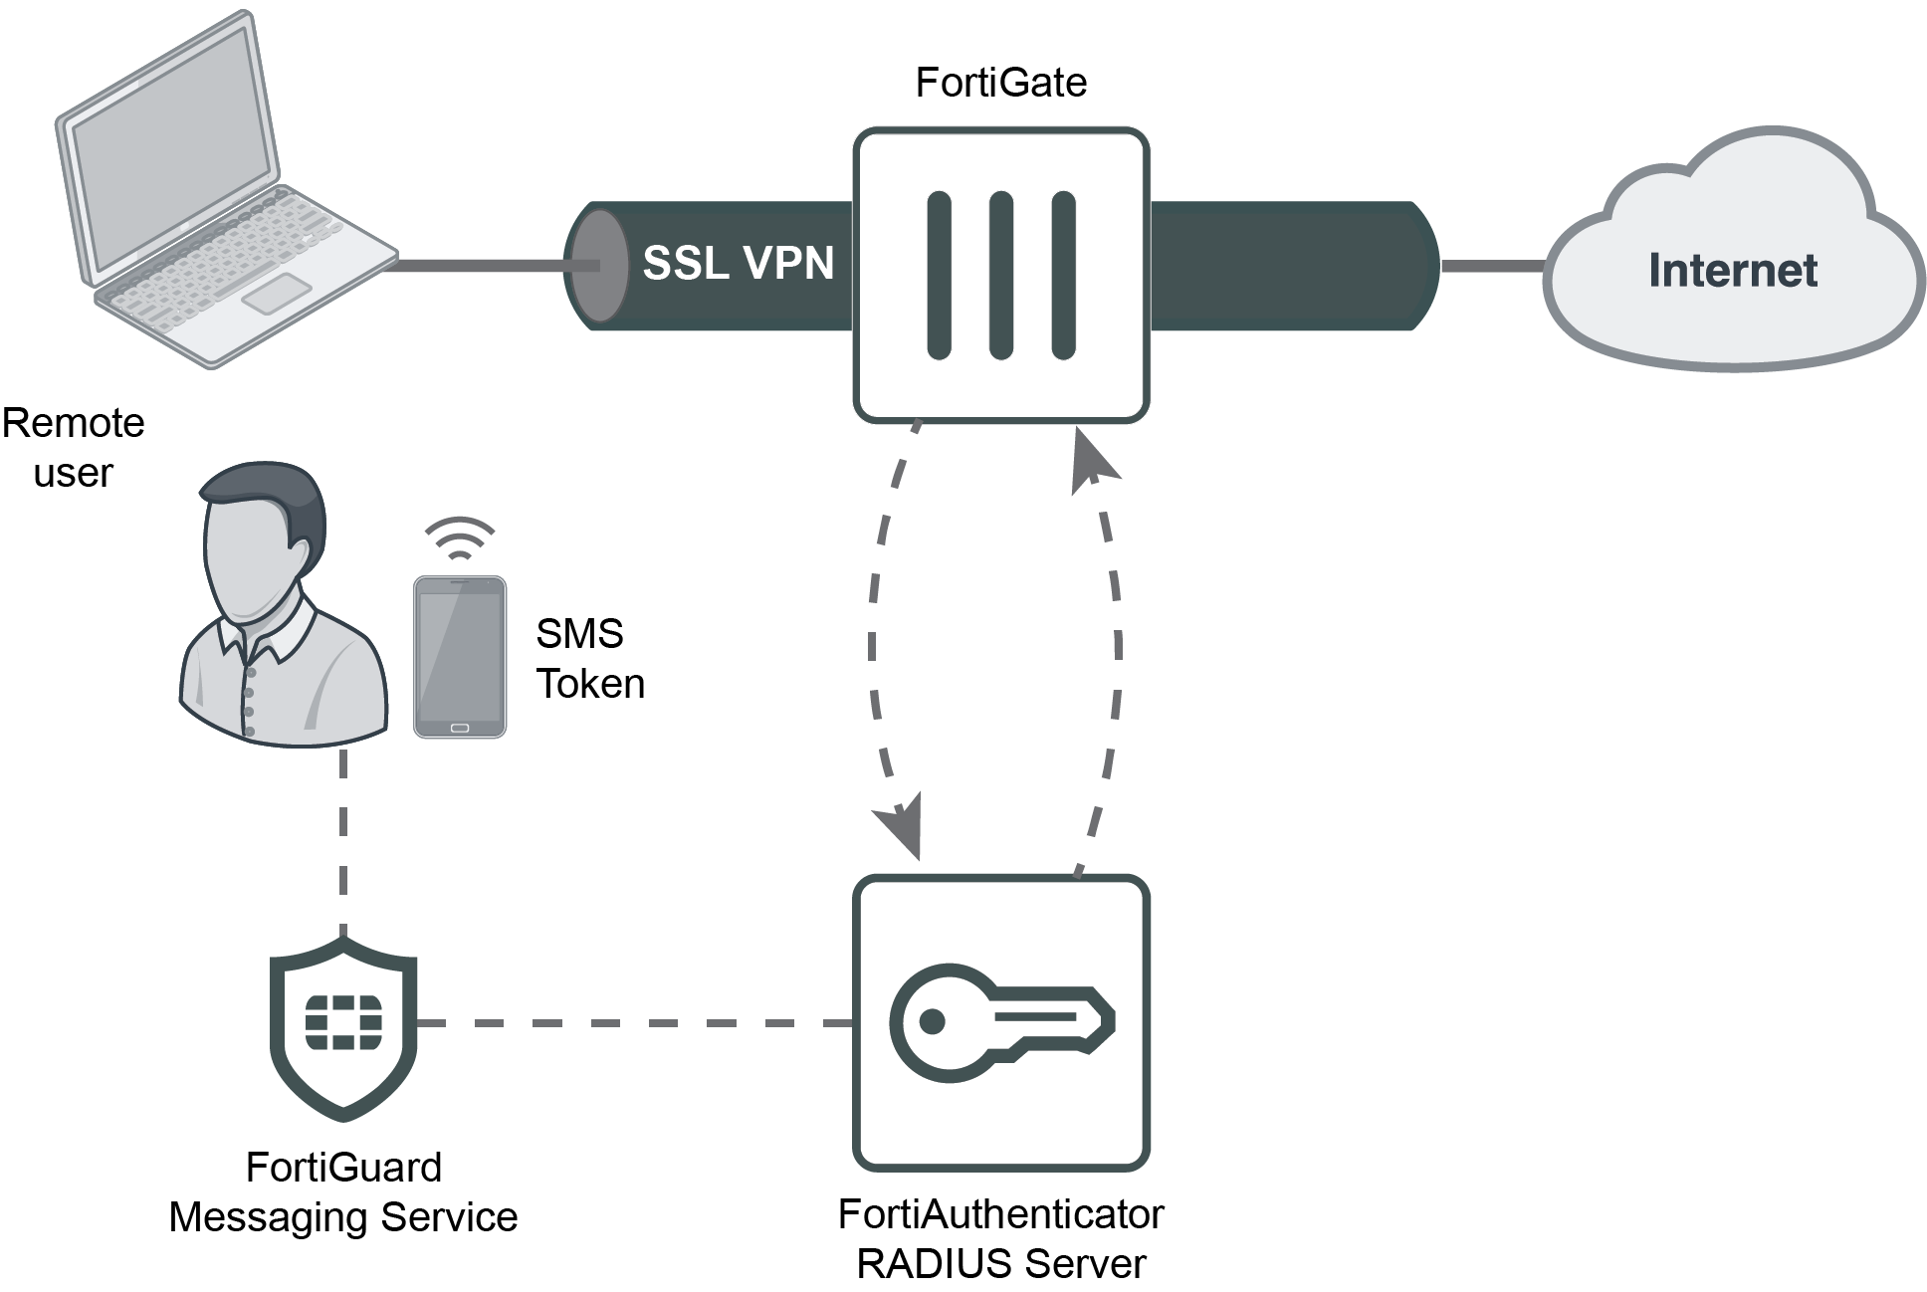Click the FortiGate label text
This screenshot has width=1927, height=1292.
(1000, 83)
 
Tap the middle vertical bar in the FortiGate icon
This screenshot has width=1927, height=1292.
(1000, 275)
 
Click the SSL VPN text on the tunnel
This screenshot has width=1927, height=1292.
(738, 263)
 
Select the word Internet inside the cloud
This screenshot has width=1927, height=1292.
(1733, 271)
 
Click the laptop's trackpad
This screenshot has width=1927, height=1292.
(276, 293)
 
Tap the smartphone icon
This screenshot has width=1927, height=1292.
(460, 658)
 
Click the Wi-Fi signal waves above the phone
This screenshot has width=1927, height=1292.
(460, 536)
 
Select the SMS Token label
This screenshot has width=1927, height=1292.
(589, 658)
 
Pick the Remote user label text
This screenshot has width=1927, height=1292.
(73, 448)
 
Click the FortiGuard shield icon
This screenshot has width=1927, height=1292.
(343, 1024)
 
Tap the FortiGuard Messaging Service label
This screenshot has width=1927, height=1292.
(343, 1192)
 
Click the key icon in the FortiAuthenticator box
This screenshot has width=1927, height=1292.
(1001, 1021)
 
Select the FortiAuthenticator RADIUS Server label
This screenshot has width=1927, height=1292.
(1001, 1239)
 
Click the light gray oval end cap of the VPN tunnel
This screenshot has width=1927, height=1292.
(598, 266)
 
